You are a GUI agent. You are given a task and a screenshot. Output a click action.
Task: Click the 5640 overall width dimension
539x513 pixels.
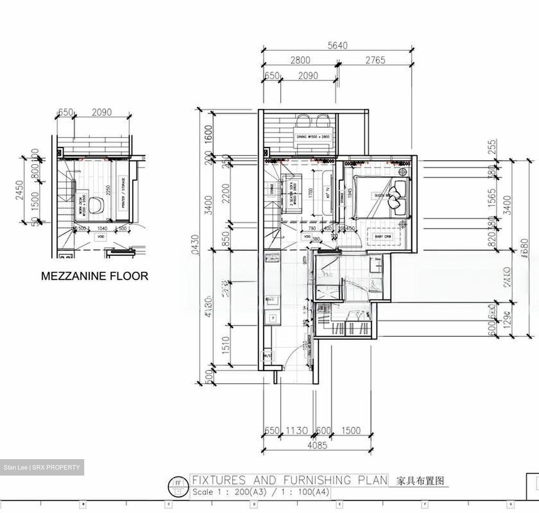pos(337,46)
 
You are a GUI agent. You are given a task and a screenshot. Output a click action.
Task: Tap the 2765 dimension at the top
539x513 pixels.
pos(375,60)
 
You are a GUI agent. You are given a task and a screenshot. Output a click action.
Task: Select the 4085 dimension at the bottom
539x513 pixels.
pos(317,445)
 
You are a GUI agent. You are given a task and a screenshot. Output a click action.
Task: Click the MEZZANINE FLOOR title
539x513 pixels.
pos(95,276)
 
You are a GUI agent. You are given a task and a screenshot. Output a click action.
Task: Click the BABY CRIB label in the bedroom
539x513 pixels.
pos(383,237)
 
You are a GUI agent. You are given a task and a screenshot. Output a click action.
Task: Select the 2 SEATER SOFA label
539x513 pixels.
pos(291,193)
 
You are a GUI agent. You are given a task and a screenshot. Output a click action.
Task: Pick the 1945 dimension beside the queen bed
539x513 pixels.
pos(350,193)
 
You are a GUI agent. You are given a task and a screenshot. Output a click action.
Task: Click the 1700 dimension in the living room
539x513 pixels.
pos(310,193)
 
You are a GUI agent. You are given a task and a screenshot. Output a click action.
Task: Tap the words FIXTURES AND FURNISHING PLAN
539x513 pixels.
pos(289,480)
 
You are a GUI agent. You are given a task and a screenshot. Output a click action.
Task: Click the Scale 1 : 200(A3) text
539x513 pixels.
pos(229,492)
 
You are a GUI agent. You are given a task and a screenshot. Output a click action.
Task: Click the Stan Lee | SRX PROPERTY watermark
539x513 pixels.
pos(42,467)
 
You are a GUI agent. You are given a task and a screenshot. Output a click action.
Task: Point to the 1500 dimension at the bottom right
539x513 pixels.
pos(351,431)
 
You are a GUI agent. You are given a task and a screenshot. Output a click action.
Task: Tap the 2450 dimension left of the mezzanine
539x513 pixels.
pos(19,190)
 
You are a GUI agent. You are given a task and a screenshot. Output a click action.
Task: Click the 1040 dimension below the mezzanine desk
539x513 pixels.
pos(102,228)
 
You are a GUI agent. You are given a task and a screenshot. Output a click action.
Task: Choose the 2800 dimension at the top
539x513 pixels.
pos(300,60)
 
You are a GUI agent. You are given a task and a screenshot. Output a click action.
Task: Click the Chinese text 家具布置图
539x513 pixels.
pos(420,480)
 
